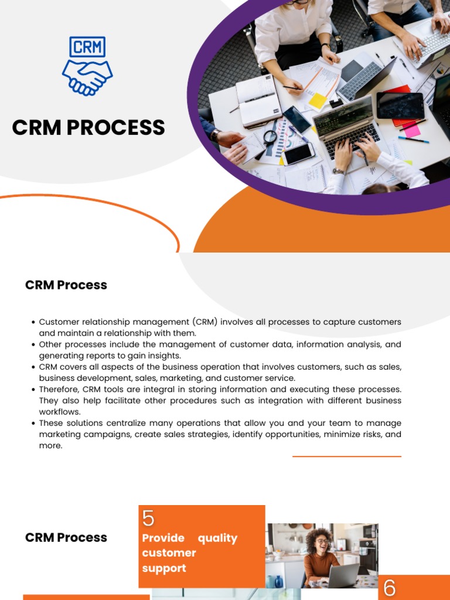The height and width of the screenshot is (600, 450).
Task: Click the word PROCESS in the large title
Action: (x=124, y=128)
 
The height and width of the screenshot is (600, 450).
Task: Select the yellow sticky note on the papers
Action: (x=318, y=100)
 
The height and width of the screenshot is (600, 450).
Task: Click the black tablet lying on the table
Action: (x=400, y=105)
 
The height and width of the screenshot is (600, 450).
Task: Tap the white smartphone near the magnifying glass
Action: (x=299, y=154)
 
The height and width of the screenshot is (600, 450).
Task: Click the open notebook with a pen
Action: (x=259, y=100)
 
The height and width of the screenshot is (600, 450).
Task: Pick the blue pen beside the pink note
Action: (x=413, y=139)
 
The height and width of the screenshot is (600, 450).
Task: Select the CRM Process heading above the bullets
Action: (x=66, y=285)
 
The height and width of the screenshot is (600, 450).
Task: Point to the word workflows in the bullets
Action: (x=60, y=412)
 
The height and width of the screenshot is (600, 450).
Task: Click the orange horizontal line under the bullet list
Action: (x=347, y=456)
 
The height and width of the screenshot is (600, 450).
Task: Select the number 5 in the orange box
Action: (x=148, y=519)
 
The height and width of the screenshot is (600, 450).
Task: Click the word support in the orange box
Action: (x=164, y=568)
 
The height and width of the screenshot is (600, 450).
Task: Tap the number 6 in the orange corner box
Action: (x=390, y=588)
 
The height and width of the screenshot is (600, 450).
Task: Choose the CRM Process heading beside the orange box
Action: (x=66, y=538)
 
